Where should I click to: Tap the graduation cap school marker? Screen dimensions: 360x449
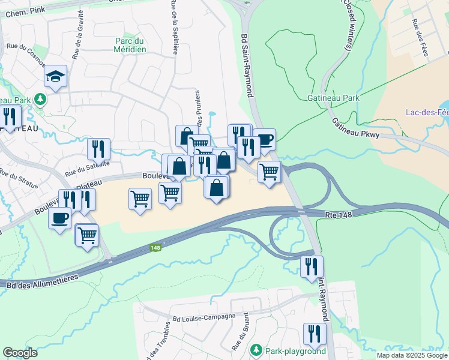point(55,76)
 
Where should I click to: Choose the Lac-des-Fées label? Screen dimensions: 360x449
point(427,112)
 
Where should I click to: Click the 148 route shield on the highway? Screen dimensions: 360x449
point(156,247)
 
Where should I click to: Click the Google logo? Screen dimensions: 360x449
point(20,353)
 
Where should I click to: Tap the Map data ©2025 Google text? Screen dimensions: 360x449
point(411,355)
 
